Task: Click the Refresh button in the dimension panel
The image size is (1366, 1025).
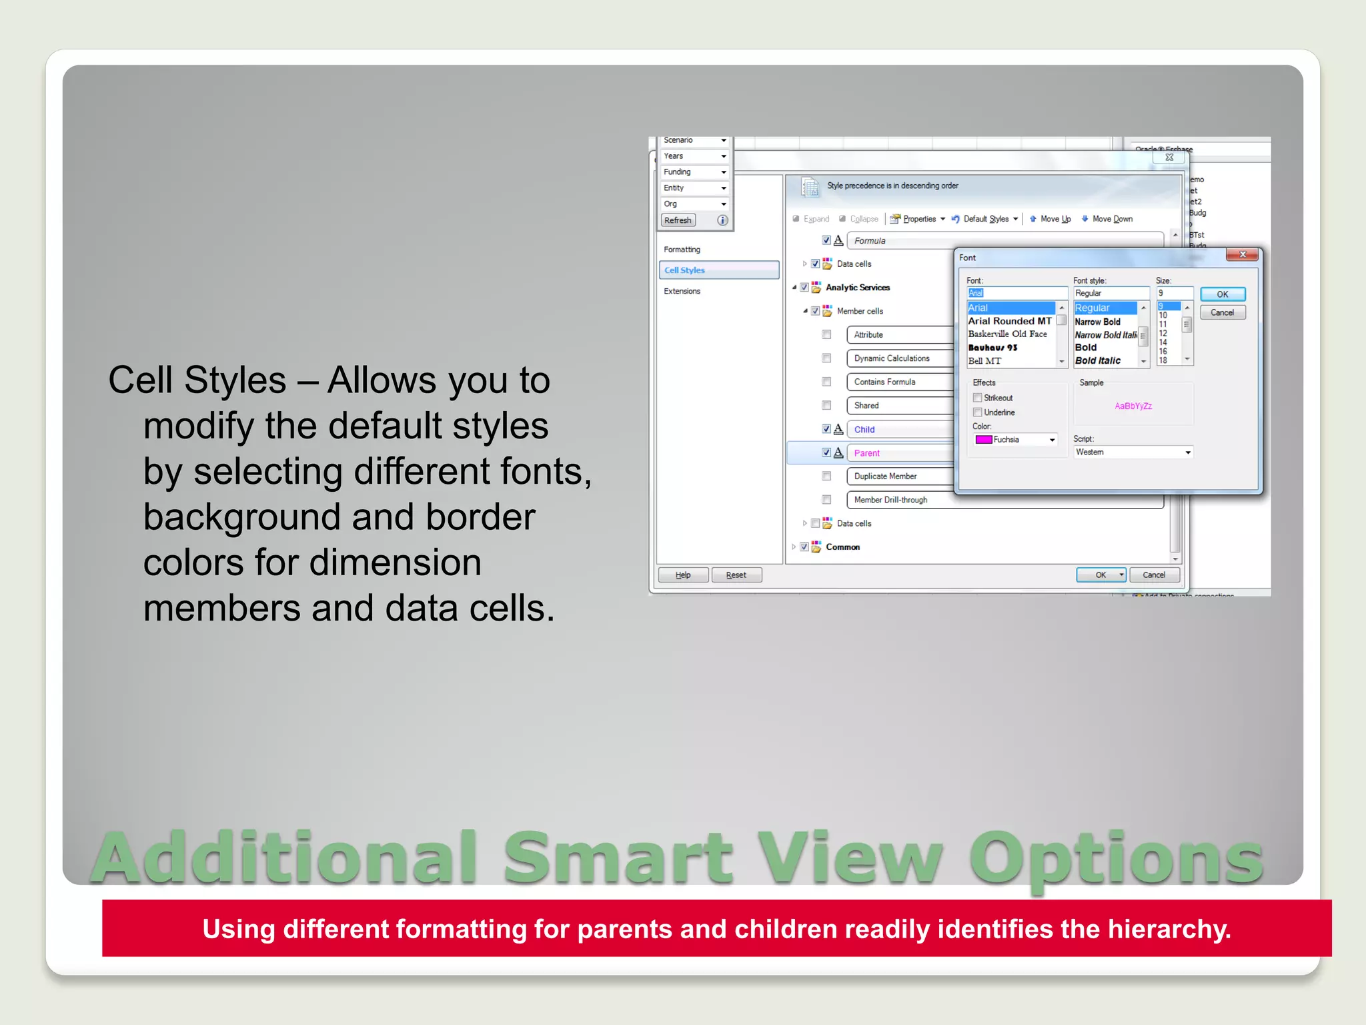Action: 678,220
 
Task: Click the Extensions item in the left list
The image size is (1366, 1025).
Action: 682,291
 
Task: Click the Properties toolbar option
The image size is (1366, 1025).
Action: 918,219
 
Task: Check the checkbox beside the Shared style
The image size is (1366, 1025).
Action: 826,406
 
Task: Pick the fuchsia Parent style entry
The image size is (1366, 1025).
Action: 867,453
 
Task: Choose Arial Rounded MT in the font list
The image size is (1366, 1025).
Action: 1009,321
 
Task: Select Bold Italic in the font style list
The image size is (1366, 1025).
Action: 1098,360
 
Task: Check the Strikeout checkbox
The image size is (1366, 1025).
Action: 978,398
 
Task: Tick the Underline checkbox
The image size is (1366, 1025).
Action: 978,412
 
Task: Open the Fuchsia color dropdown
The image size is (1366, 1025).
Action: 1052,440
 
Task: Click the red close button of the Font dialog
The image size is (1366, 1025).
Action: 1242,254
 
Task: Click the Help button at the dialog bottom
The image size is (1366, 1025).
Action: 683,575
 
